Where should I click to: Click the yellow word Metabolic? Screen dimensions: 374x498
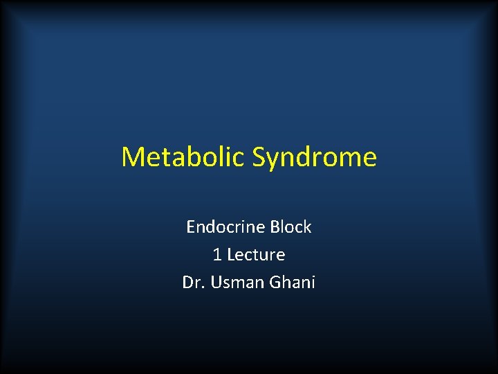click(183, 157)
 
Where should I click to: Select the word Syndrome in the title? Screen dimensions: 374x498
click(315, 158)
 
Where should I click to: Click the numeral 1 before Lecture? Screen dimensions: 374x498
click(217, 255)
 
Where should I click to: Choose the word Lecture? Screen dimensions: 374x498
click(256, 255)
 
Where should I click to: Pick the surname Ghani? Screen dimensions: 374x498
click(290, 283)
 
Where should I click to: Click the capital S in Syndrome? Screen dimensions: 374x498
click(259, 157)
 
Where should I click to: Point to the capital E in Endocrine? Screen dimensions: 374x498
click(191, 227)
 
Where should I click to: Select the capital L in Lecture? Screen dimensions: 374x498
click(230, 255)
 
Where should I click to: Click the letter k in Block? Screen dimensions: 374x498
click(308, 227)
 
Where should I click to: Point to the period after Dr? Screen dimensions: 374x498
click(201, 287)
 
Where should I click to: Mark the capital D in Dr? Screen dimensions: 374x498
click(187, 283)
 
